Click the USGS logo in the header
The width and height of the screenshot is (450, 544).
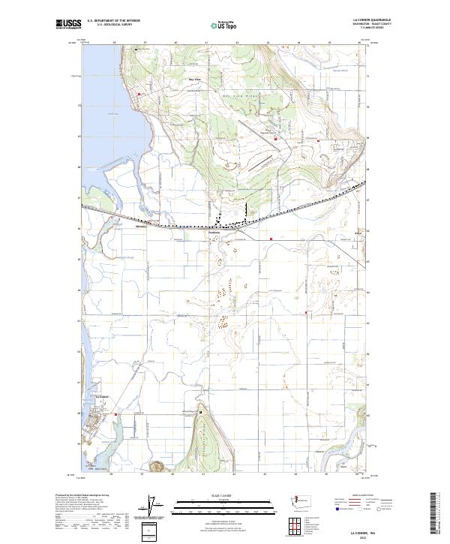(x=68, y=24)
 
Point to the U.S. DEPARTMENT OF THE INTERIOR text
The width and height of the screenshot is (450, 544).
(x=114, y=20)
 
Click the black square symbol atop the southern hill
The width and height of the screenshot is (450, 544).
(x=200, y=413)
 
